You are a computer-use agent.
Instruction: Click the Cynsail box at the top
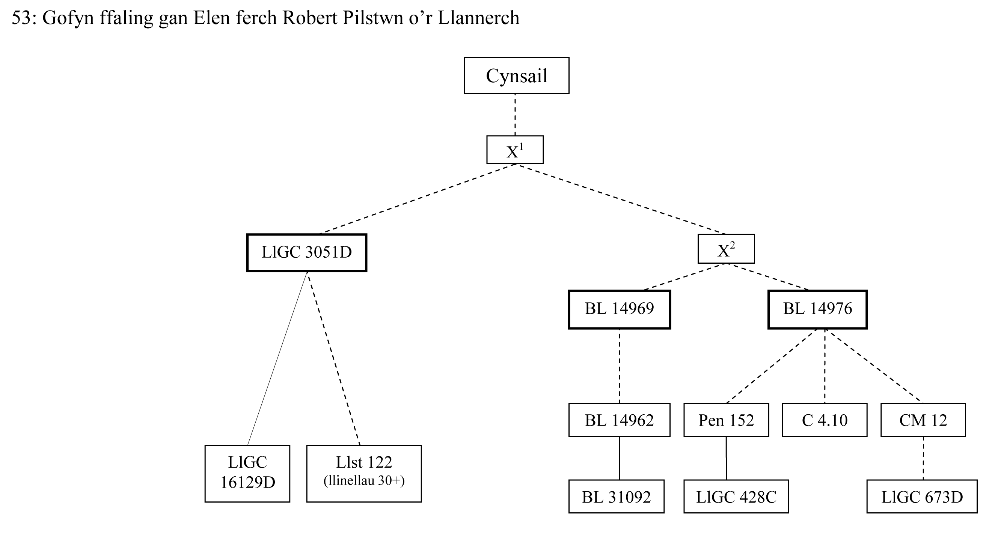pos(516,75)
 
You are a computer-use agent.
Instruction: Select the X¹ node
pos(515,149)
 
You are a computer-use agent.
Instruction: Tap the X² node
pos(726,249)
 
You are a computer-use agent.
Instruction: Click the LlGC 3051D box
pos(306,253)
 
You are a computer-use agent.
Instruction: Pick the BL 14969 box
pos(619,310)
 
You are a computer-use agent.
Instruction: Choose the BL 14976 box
pos(817,310)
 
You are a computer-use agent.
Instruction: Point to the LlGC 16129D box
pos(247,473)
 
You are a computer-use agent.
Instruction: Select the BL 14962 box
pos(619,420)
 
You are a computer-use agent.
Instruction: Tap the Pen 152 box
pos(726,420)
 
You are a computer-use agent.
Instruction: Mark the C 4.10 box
pos(825,420)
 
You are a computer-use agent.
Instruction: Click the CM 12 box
pos(923,420)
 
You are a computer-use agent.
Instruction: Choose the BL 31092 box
pos(616,497)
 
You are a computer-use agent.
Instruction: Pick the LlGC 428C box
pos(736,497)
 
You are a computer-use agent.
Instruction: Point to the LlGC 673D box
pos(922,497)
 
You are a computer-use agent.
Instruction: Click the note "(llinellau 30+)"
pos(364,481)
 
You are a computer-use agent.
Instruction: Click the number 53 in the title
pos(21,18)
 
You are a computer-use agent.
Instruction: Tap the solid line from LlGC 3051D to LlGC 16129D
pos(277,359)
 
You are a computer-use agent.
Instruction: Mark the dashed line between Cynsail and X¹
pos(515,115)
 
